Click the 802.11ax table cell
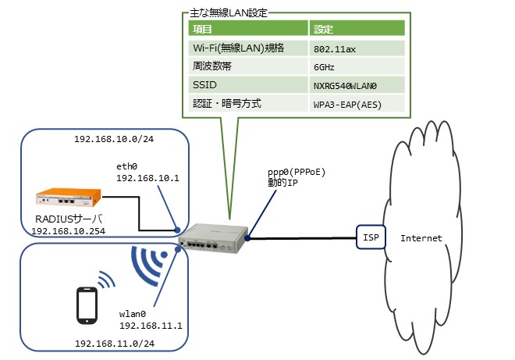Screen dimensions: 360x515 [x=336, y=48]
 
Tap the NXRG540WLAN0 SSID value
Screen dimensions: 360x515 [x=345, y=85]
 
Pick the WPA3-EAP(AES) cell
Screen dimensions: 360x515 [x=347, y=104]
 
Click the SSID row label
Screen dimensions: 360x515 [x=205, y=85]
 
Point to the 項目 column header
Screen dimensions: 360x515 [x=204, y=29]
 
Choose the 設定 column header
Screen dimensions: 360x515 [x=324, y=29]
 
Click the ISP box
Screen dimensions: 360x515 [x=368, y=237]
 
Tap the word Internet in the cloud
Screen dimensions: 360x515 [x=421, y=237]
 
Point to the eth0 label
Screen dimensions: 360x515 [x=126, y=166]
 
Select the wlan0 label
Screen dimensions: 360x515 [x=133, y=312]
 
